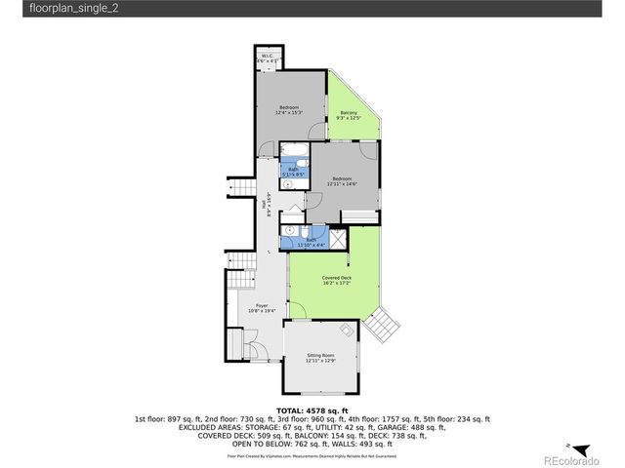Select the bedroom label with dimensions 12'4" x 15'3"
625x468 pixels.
288,110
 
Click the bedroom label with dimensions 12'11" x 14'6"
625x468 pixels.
341,181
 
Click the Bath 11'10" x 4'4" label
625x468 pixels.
311,241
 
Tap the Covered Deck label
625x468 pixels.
337,281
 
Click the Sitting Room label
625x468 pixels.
320,358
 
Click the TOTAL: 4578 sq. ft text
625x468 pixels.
312,409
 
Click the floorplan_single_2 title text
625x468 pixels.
48,9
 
